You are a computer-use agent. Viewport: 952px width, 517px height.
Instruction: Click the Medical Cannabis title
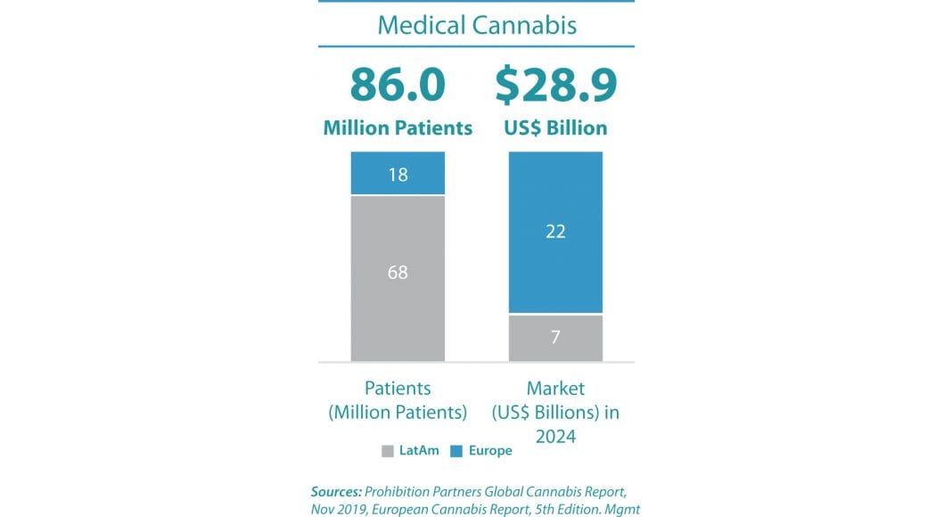477,24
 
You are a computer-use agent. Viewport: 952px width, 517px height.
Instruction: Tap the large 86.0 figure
398,86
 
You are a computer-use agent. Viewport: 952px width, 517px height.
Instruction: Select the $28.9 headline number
556,86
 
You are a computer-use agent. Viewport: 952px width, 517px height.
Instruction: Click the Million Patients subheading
398,128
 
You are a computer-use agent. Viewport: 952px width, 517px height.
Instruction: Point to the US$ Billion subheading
556,128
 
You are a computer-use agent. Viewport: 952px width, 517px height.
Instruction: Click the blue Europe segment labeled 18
398,174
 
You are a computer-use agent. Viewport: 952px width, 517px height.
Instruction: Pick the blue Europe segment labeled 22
556,232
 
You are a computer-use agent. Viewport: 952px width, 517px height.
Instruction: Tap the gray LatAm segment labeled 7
556,338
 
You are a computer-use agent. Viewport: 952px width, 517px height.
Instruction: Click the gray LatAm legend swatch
387,451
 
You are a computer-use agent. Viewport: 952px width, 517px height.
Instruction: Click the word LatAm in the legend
418,451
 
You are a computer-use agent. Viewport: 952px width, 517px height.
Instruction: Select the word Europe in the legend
490,451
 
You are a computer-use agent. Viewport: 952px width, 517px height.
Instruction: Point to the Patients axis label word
398,389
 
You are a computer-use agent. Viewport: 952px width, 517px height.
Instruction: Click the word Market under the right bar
556,389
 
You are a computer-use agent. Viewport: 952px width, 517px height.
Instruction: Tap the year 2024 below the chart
556,437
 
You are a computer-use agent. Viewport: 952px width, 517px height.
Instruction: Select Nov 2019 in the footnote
341,508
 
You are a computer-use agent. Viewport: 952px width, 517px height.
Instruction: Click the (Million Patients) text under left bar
398,413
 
